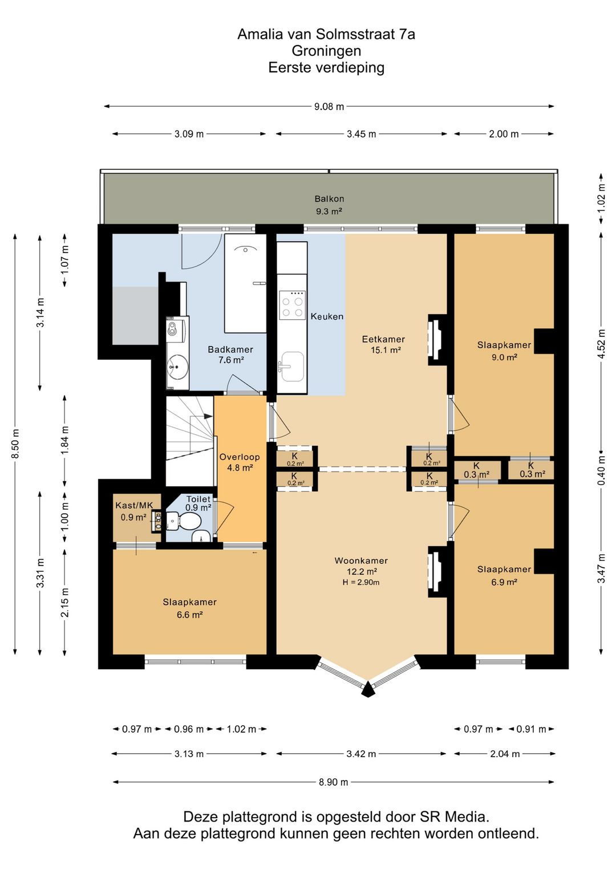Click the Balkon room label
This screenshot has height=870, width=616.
pyautogui.click(x=329, y=199)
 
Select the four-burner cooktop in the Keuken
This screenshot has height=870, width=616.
pyautogui.click(x=292, y=305)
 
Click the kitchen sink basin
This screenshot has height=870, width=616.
pyautogui.click(x=292, y=367)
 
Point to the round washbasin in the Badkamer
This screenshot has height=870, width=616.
pyautogui.click(x=177, y=367)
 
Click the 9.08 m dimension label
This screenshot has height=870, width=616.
pyautogui.click(x=329, y=107)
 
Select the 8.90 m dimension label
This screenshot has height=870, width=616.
pyautogui.click(x=334, y=782)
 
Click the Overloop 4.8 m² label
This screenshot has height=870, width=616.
pyautogui.click(x=240, y=462)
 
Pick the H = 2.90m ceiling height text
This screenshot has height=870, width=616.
pyautogui.click(x=361, y=582)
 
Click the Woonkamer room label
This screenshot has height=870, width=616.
pyautogui.click(x=361, y=560)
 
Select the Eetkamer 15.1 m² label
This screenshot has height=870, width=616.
pyautogui.click(x=384, y=344)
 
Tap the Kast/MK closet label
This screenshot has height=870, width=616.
pyautogui.click(x=134, y=505)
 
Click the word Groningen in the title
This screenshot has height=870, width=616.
pyautogui.click(x=326, y=51)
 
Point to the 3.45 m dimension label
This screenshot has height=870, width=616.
pyautogui.click(x=362, y=134)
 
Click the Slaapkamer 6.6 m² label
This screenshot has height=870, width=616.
pyautogui.click(x=190, y=608)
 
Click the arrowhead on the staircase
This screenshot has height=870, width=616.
pyautogui.click(x=208, y=416)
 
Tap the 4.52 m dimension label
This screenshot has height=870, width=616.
pyautogui.click(x=602, y=344)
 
